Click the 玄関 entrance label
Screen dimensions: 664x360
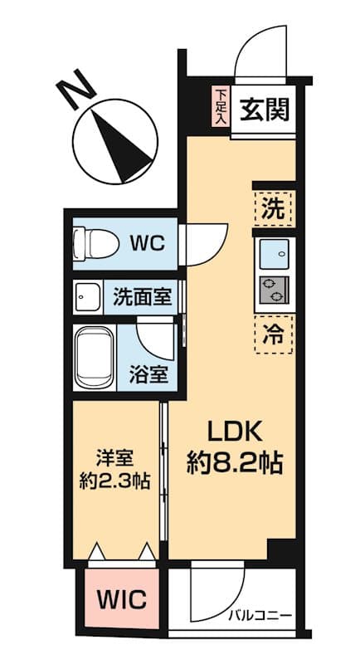(265, 109)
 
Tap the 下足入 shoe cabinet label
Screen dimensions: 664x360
(221, 107)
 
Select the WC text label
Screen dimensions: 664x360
(149, 243)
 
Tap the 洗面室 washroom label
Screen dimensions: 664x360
(144, 297)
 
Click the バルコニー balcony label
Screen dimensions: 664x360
(260, 616)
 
